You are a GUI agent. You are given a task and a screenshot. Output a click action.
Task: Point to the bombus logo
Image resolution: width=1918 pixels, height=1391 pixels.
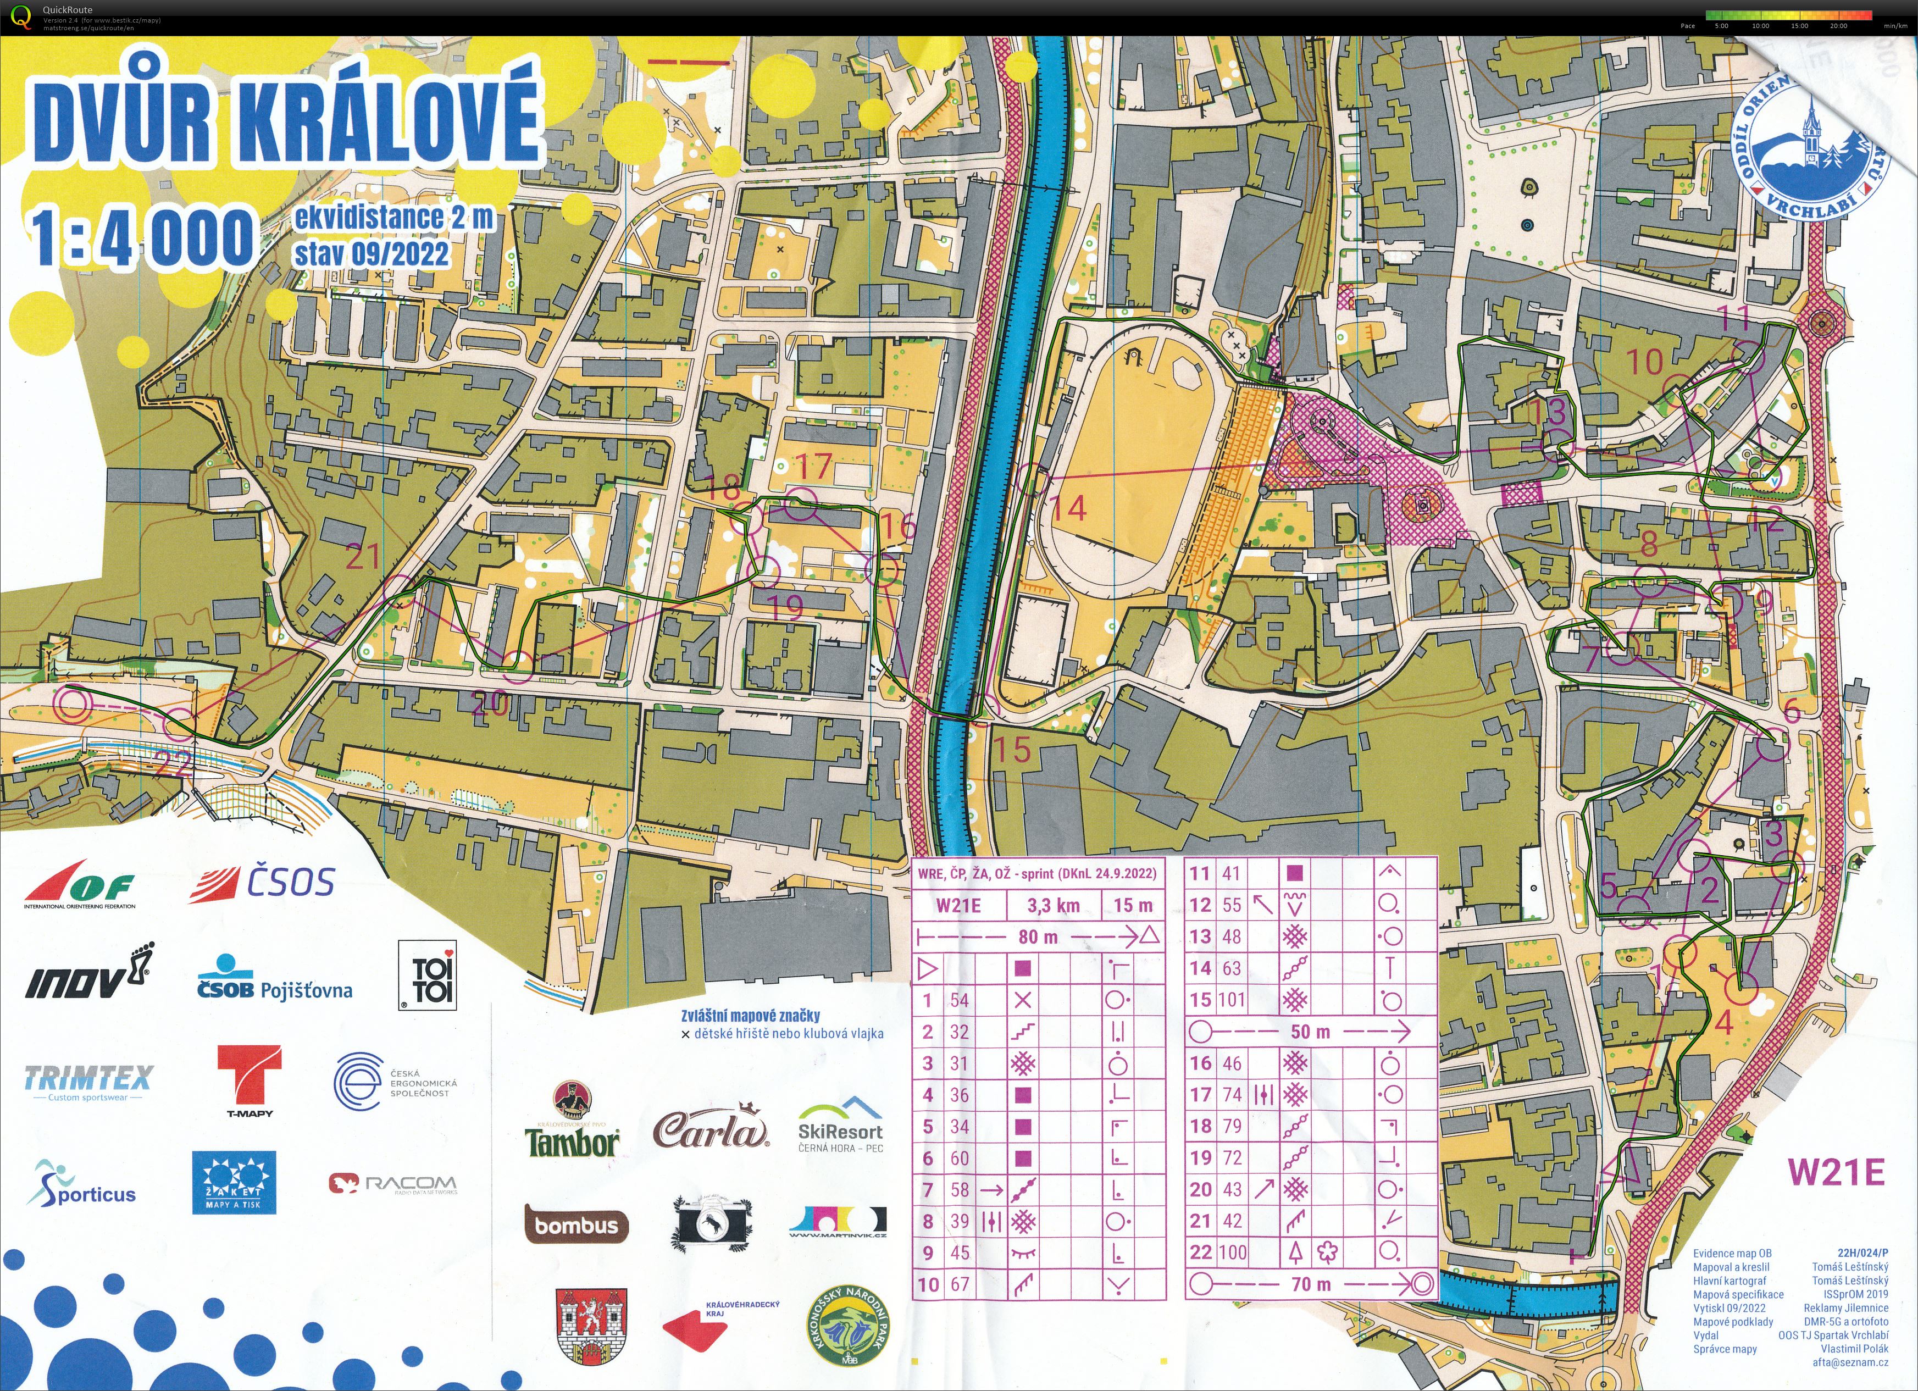point(576,1224)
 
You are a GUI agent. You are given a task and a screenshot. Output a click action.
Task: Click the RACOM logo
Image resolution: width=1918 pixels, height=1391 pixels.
point(392,1183)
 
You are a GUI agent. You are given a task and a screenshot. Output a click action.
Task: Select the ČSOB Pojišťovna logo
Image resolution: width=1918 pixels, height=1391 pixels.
point(274,982)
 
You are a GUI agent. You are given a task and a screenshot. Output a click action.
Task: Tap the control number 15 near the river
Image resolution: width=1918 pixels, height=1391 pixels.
point(1011,749)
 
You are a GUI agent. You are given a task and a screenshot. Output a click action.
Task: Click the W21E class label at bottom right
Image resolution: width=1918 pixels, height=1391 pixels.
point(1835,1172)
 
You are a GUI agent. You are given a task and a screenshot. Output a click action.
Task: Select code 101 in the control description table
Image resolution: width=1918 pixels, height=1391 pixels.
point(1230,1000)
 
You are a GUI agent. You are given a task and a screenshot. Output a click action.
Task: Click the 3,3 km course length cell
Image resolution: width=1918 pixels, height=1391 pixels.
point(1053,906)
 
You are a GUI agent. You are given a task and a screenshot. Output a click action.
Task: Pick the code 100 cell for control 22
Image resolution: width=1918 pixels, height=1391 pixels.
point(1230,1253)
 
